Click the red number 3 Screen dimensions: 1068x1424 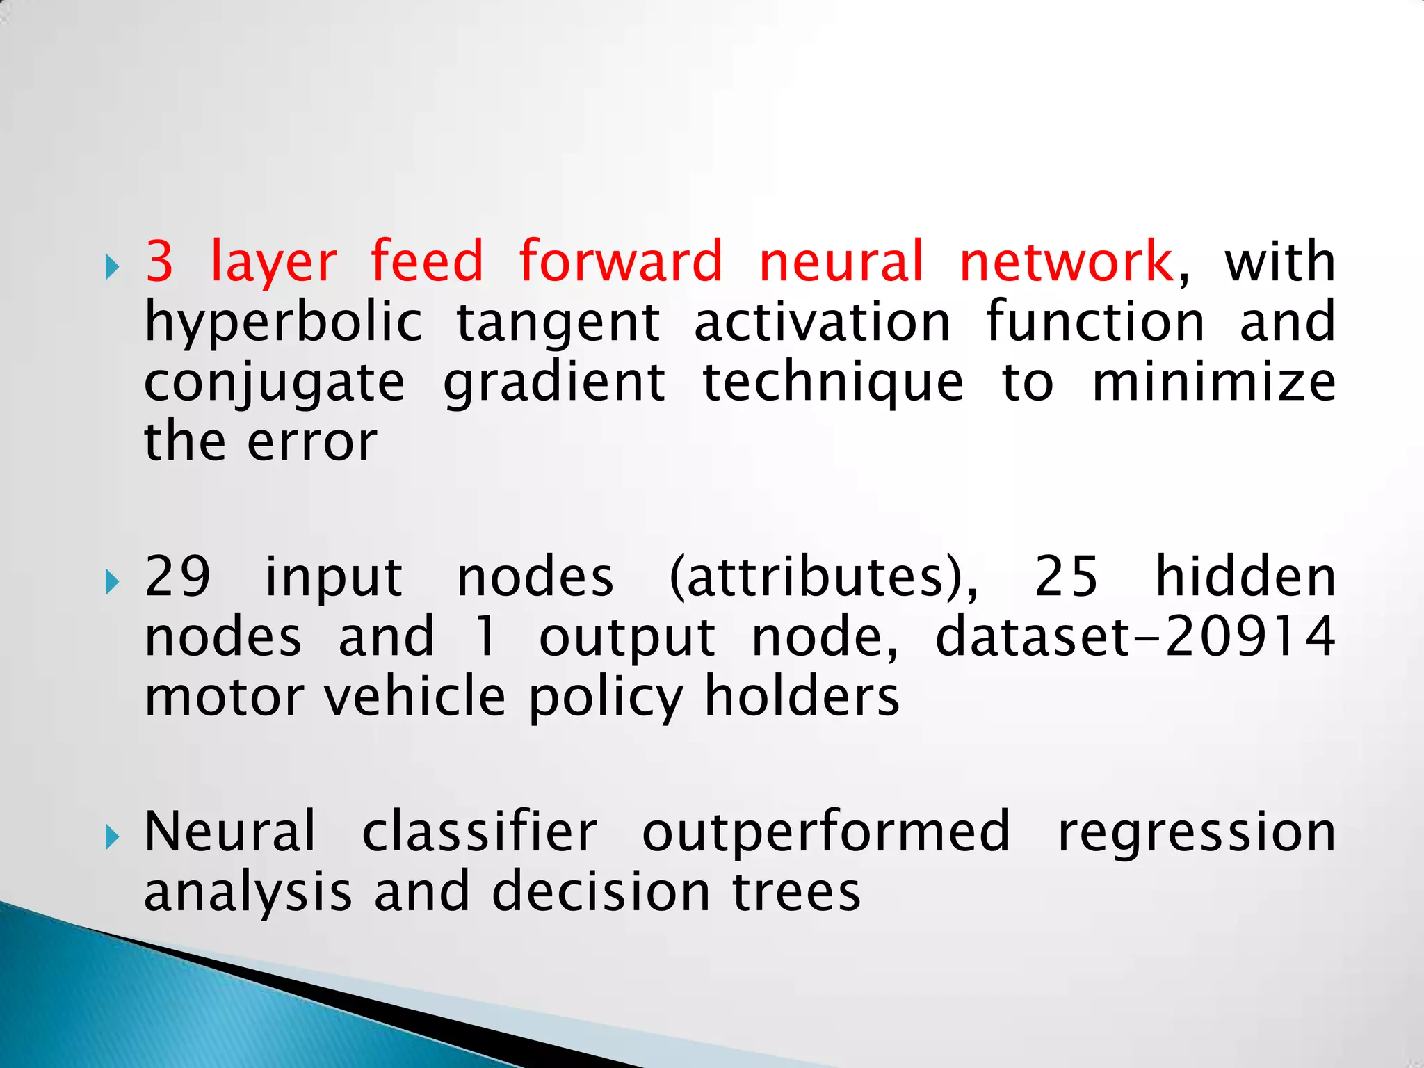[x=159, y=261]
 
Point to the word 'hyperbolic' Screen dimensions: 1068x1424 [x=284, y=324]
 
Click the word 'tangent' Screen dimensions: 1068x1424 [x=558, y=324]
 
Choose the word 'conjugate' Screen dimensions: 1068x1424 [x=275, y=385]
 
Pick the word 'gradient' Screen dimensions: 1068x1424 [x=555, y=385]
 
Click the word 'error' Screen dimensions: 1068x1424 [x=312, y=442]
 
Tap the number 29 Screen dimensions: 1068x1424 [x=177, y=577]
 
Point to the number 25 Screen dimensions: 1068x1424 [x=1067, y=577]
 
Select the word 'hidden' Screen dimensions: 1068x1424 [x=1245, y=577]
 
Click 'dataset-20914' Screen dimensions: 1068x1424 [x=1135, y=637]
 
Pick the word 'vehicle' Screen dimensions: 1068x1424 [x=415, y=697]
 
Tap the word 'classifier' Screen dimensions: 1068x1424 [x=479, y=832]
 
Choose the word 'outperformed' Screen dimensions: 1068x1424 [x=825, y=833]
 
